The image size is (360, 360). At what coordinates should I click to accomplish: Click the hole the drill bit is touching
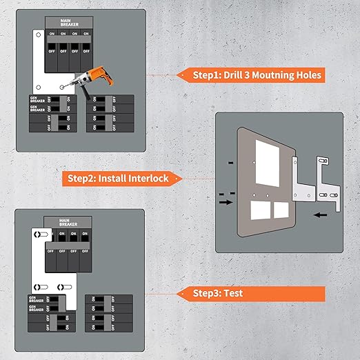tap(61, 86)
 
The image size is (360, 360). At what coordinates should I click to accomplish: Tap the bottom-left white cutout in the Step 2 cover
tap(261, 210)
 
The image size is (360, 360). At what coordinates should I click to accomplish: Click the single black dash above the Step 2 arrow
tap(229, 163)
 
